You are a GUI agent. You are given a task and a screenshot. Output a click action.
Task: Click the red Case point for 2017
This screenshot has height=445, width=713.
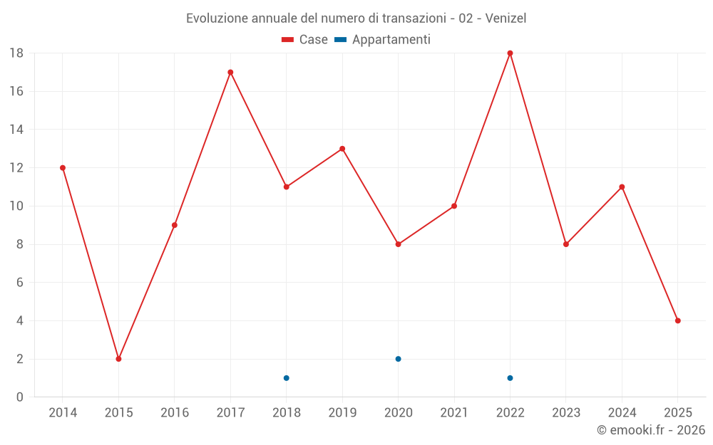(230, 72)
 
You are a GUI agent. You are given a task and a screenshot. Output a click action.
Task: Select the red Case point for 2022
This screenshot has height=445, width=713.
(510, 53)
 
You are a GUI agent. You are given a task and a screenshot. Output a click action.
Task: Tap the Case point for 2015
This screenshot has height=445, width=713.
(118, 359)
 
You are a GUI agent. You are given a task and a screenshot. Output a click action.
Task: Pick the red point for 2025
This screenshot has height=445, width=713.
(678, 320)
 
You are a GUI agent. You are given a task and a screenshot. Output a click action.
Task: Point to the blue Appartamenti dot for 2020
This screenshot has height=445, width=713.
(398, 359)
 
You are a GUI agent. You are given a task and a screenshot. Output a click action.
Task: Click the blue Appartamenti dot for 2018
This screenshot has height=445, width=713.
(286, 378)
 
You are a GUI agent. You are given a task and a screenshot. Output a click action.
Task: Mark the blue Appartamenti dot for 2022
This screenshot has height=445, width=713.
(510, 378)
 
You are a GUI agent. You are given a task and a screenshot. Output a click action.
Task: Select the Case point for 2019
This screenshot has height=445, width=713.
(342, 149)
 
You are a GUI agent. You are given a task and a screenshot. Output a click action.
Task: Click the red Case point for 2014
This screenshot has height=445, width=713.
(63, 168)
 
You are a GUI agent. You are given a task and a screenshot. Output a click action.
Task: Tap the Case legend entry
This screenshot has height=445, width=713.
(305, 40)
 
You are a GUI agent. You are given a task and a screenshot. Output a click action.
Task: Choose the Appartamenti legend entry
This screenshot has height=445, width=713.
(383, 40)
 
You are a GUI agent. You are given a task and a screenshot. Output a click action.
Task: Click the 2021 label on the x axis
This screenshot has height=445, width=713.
(454, 412)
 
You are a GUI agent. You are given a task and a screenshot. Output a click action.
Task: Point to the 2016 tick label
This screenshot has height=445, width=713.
(175, 412)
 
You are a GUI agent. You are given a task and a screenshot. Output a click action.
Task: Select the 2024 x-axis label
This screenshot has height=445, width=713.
(622, 412)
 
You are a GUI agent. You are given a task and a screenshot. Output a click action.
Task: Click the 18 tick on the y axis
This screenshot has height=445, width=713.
(16, 53)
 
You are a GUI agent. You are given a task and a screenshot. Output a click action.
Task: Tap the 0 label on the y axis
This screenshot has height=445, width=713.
(20, 397)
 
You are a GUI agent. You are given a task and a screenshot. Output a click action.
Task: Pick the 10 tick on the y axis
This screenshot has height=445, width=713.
(16, 206)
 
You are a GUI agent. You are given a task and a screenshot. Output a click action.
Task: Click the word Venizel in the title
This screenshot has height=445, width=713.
(506, 18)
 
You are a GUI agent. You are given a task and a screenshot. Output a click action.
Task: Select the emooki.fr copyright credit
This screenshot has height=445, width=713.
(651, 430)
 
